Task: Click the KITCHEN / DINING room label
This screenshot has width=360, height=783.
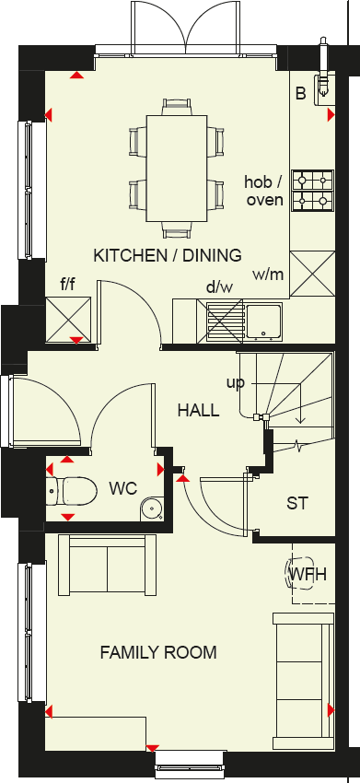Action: point(168,255)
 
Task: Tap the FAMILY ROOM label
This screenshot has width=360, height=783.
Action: point(158,653)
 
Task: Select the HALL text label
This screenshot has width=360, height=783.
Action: point(199,410)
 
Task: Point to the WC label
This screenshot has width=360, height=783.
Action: point(123,487)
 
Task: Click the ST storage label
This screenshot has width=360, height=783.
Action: point(296,504)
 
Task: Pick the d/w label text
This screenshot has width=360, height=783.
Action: point(219,287)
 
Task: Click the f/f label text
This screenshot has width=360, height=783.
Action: point(68,285)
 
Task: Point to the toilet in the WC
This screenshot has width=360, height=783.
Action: point(73,490)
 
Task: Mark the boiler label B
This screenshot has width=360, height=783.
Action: point(300,93)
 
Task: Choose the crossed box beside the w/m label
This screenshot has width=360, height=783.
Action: point(311,273)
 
